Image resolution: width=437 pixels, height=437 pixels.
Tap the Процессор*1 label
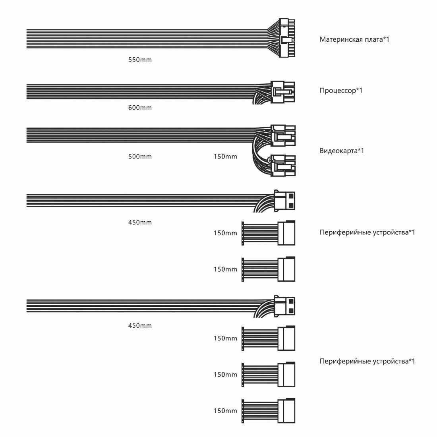pos(341,90)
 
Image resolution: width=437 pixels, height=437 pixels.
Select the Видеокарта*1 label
pos(342,151)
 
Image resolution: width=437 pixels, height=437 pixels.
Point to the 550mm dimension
pos(140,60)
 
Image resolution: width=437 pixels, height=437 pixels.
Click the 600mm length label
pos(140,108)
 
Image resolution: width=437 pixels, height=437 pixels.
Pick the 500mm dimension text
pos(140,157)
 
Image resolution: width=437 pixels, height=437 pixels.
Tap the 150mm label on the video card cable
pos(225,157)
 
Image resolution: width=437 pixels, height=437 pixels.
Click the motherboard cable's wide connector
pos(287,38)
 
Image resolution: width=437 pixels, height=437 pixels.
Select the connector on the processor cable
pos(283,91)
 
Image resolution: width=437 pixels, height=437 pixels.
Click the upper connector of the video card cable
pos(283,135)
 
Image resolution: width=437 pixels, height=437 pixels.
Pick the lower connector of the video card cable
pos(283,165)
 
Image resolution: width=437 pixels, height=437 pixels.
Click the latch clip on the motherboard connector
pos(285,40)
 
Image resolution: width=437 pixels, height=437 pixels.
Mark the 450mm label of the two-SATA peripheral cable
pos(140,222)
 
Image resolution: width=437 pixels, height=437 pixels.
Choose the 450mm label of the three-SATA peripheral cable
pos(140,326)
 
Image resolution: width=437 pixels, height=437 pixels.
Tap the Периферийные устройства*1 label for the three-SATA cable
pos(367,361)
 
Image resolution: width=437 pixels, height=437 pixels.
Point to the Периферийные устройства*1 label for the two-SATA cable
pos(367,232)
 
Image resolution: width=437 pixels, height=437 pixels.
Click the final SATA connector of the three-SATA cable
pos(286,411)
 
